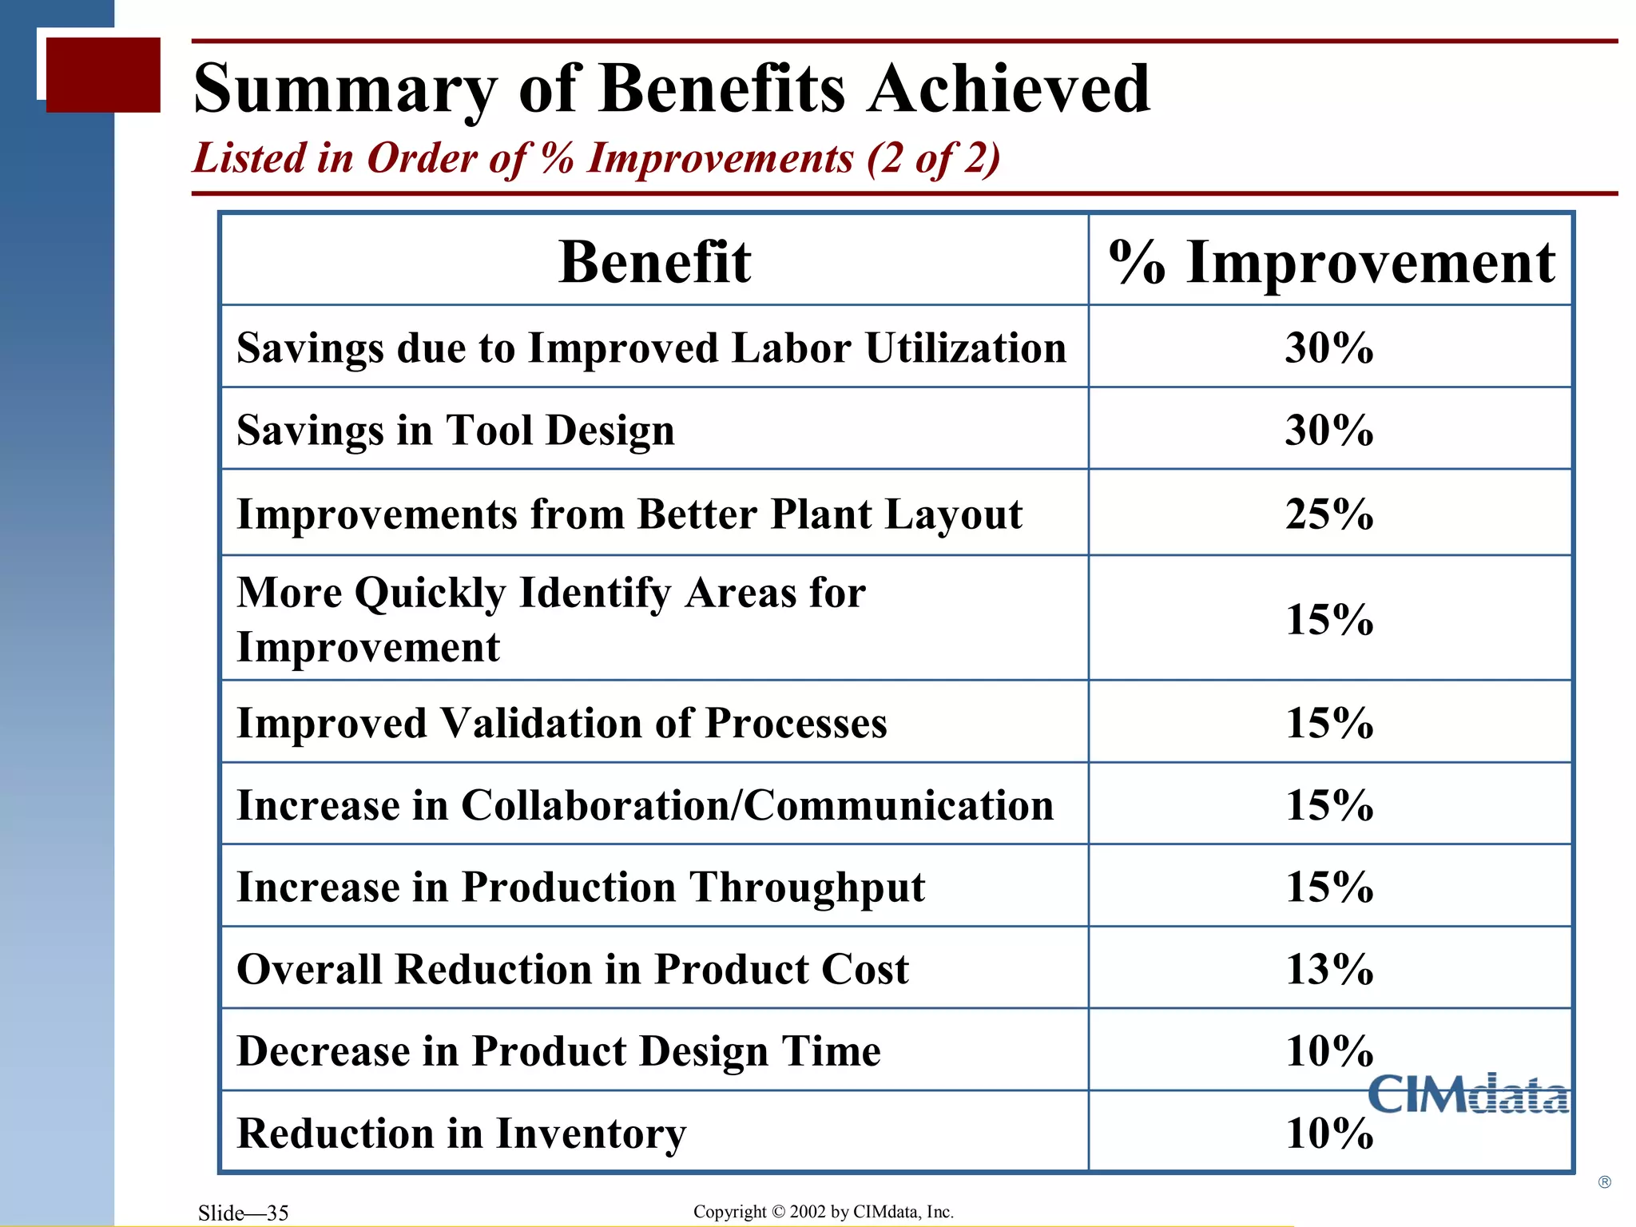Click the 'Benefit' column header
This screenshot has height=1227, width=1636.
654,262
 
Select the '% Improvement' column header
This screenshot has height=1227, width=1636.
1331,262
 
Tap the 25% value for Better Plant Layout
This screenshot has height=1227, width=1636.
1329,514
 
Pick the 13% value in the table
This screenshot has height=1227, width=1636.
1329,969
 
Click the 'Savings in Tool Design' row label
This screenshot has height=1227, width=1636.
455,431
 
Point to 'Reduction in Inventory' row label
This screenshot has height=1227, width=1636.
462,1134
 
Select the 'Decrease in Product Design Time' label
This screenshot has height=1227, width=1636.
558,1051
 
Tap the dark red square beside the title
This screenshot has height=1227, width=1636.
103,74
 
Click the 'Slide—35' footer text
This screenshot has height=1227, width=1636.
243,1213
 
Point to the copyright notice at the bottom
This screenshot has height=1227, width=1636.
823,1212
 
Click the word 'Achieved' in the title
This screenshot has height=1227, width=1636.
1009,89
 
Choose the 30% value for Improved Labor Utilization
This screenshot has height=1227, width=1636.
1329,347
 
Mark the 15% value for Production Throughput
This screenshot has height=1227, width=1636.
1329,887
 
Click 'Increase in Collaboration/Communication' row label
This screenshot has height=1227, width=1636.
645,805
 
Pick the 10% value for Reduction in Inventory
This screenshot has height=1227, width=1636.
1329,1134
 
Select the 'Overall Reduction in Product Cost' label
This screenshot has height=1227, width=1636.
573,969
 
